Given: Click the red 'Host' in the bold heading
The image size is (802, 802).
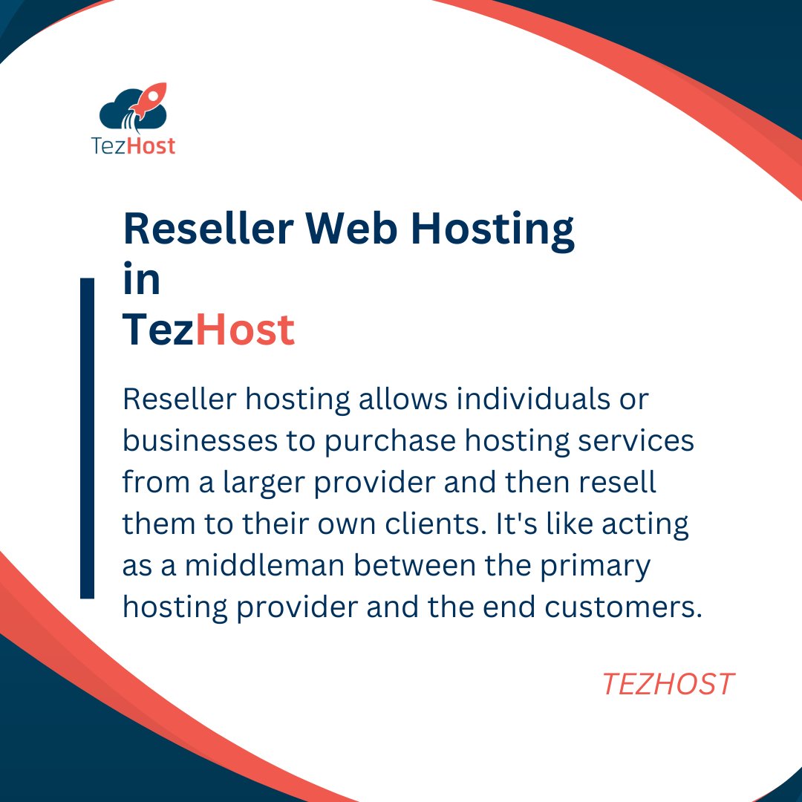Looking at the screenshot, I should [x=245, y=330].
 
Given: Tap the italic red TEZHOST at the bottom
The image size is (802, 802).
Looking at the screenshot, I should [x=668, y=684].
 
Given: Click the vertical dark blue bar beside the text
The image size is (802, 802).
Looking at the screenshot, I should [x=87, y=438].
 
